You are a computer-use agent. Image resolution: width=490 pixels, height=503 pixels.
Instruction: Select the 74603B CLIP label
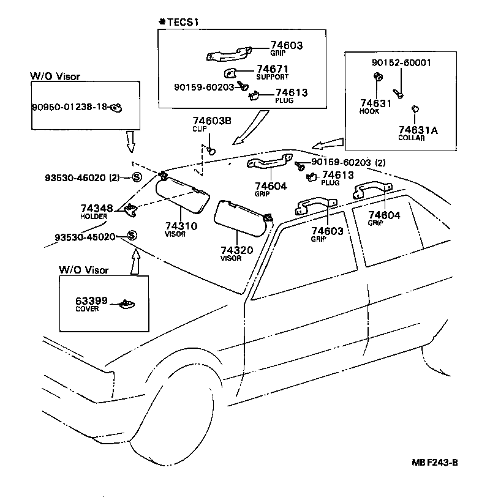pos(211,125)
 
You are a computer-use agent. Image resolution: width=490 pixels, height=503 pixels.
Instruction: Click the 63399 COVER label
pos(92,304)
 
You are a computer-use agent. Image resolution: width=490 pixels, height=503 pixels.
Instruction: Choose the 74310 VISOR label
pos(180,228)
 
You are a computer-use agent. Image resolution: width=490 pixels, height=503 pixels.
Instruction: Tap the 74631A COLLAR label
pos(419,132)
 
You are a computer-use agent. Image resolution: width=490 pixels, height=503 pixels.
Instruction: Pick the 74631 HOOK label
pos(375,106)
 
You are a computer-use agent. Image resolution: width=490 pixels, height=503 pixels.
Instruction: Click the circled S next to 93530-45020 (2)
pos(137,177)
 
